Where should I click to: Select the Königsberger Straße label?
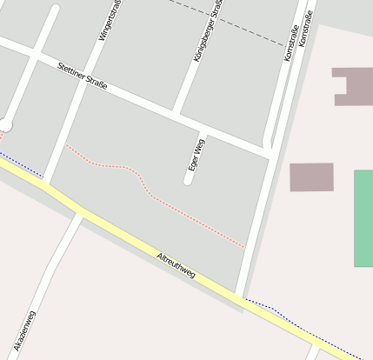coord(207,31)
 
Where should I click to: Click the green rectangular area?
coord(363,218)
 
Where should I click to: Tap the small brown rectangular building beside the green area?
coord(311,177)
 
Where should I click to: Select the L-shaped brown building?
coord(352,86)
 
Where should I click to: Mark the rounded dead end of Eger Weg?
coord(188,181)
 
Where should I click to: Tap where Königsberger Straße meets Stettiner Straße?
coord(177,113)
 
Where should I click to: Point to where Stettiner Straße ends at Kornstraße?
coord(270,154)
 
